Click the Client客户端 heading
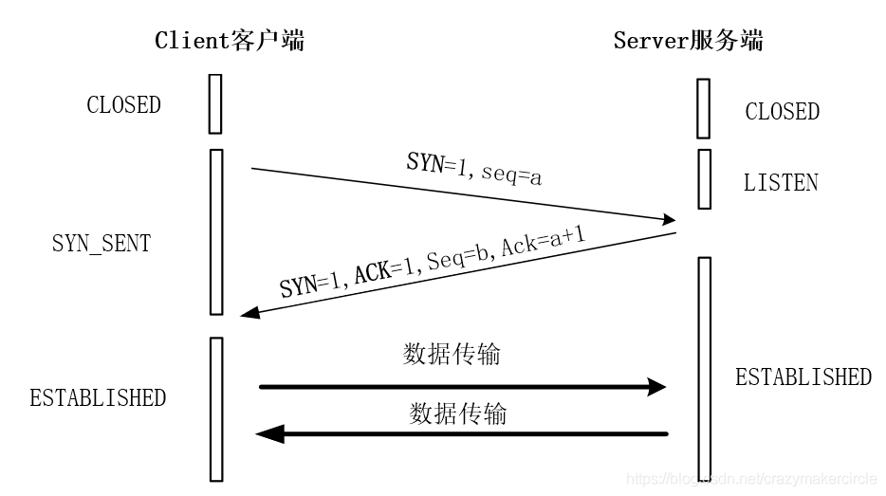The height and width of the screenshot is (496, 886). [230, 40]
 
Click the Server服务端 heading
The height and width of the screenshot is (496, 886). [688, 40]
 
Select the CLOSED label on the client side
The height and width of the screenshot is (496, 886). [123, 105]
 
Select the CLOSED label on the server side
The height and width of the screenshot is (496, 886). [782, 112]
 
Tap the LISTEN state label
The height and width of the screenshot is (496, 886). [781, 183]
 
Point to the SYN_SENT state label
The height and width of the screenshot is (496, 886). [101, 243]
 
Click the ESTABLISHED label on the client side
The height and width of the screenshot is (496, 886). [98, 397]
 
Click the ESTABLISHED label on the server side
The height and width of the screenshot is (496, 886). [803, 377]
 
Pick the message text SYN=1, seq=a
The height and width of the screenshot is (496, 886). [473, 168]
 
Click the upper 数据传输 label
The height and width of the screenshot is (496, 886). [452, 355]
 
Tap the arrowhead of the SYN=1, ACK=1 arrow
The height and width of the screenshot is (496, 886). [249, 313]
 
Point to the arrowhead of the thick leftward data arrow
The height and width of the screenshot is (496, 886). [269, 434]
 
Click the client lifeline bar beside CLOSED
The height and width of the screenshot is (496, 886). [215, 104]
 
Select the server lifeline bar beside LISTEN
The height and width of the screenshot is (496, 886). [703, 178]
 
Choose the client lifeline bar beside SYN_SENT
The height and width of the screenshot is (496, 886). [215, 231]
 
